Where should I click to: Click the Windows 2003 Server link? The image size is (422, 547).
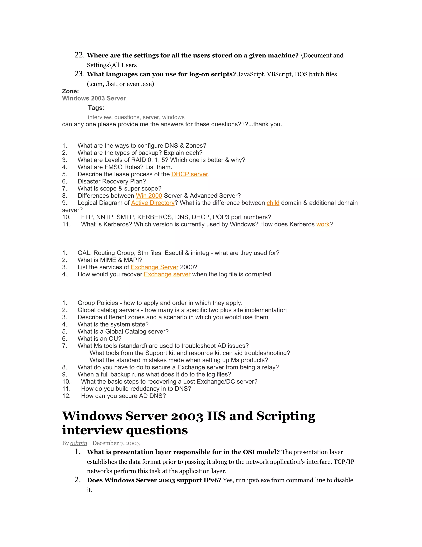pos(94,98)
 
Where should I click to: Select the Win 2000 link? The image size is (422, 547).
pos(149,196)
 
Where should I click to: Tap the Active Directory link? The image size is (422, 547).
pos(152,203)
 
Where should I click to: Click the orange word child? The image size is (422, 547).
pos(273,203)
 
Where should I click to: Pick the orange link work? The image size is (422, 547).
pos(323,224)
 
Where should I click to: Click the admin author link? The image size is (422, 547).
pos(79,443)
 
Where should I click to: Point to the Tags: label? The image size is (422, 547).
pos(96,108)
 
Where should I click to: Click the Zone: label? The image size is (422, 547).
pos(70,91)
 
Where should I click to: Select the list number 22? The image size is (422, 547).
pos(80,55)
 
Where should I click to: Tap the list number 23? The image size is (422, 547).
pos(80,74)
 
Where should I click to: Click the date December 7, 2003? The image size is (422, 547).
pos(116,443)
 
